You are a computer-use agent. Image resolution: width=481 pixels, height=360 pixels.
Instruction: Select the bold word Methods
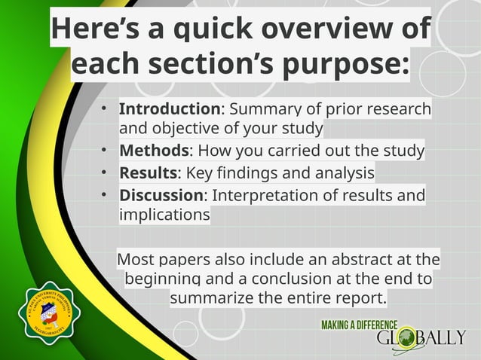pos(153,151)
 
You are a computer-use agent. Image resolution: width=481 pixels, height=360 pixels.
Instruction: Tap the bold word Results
pos(148,174)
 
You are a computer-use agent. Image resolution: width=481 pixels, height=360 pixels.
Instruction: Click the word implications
pos(164,215)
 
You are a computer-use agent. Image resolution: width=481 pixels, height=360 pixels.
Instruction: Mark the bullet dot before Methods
pos(106,151)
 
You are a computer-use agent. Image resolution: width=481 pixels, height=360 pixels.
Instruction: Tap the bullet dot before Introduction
pos(106,109)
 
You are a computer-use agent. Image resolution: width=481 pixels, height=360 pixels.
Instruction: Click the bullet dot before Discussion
pos(106,196)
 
